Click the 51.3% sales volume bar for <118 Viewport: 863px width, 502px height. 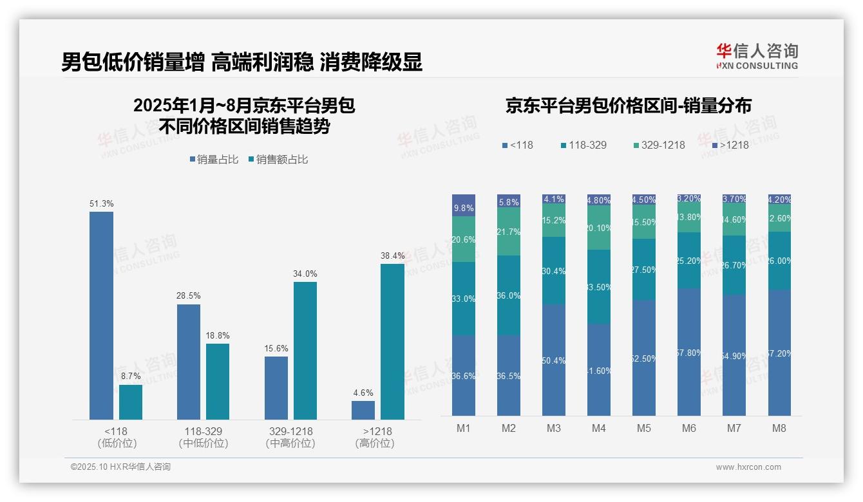coord(101,315)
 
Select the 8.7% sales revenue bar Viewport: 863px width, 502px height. coord(131,402)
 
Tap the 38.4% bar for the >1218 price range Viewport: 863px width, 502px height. coord(392,342)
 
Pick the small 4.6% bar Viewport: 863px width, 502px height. coord(363,410)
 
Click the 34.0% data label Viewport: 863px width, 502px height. coord(305,274)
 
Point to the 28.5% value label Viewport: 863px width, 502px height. coord(188,295)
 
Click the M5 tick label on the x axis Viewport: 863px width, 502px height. coord(644,428)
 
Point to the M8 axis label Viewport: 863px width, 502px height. coord(779,428)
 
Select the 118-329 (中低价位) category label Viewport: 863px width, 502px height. coord(203,437)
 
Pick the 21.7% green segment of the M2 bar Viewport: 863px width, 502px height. coord(509,232)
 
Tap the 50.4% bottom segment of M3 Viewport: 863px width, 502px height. coord(554,360)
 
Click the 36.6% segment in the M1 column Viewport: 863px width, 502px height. coord(464,375)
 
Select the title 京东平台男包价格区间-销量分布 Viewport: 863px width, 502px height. coord(628,106)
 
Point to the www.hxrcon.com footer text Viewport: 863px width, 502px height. coord(748,467)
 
